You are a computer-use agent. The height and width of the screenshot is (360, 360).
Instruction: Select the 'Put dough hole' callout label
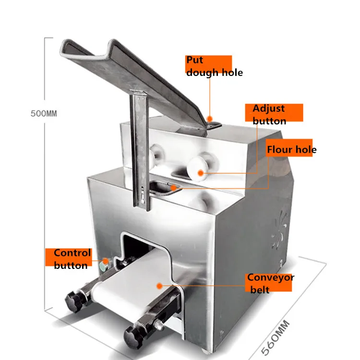tap(214, 66)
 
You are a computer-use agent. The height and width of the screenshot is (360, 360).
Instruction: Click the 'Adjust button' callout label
tap(274, 115)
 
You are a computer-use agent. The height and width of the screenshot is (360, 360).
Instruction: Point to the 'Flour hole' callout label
tap(291, 149)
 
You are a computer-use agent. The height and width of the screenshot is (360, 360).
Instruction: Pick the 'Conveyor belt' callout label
tap(270, 283)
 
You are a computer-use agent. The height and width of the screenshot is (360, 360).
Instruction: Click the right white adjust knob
tap(199, 166)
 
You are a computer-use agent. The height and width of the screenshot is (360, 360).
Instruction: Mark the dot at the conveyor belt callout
tap(158, 285)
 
